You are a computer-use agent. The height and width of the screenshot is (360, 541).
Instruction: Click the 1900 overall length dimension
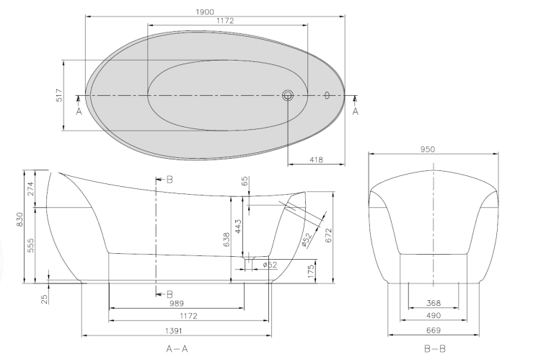(x=205, y=12)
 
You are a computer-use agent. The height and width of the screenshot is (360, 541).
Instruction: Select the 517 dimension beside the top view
(x=59, y=95)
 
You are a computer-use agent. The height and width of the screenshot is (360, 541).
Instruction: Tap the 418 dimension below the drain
(x=316, y=160)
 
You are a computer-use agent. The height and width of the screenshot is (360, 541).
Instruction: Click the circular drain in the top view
(x=288, y=95)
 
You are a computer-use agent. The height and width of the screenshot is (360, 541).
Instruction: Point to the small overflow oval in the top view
(x=327, y=95)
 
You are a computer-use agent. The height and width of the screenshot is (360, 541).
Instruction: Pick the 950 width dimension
(x=428, y=149)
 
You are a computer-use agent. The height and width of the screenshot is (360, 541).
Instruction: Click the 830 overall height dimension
(x=19, y=219)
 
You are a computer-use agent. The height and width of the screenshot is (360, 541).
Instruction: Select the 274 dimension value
(x=31, y=189)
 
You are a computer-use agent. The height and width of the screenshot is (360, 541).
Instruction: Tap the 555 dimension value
(x=31, y=245)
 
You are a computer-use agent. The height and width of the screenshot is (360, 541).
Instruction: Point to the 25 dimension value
(x=45, y=299)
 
